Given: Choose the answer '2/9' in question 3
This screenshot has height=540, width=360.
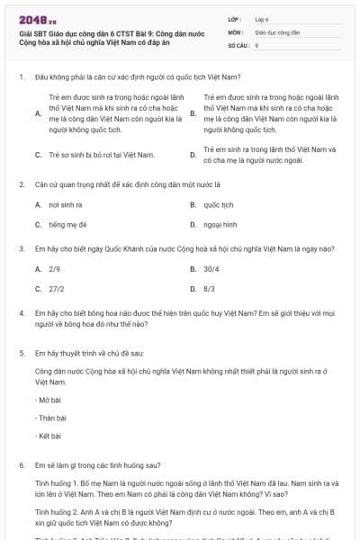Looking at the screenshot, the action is (x=55, y=269).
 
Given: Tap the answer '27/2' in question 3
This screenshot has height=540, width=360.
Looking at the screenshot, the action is (x=57, y=289).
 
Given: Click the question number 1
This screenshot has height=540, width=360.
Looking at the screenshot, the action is (x=21, y=76).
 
